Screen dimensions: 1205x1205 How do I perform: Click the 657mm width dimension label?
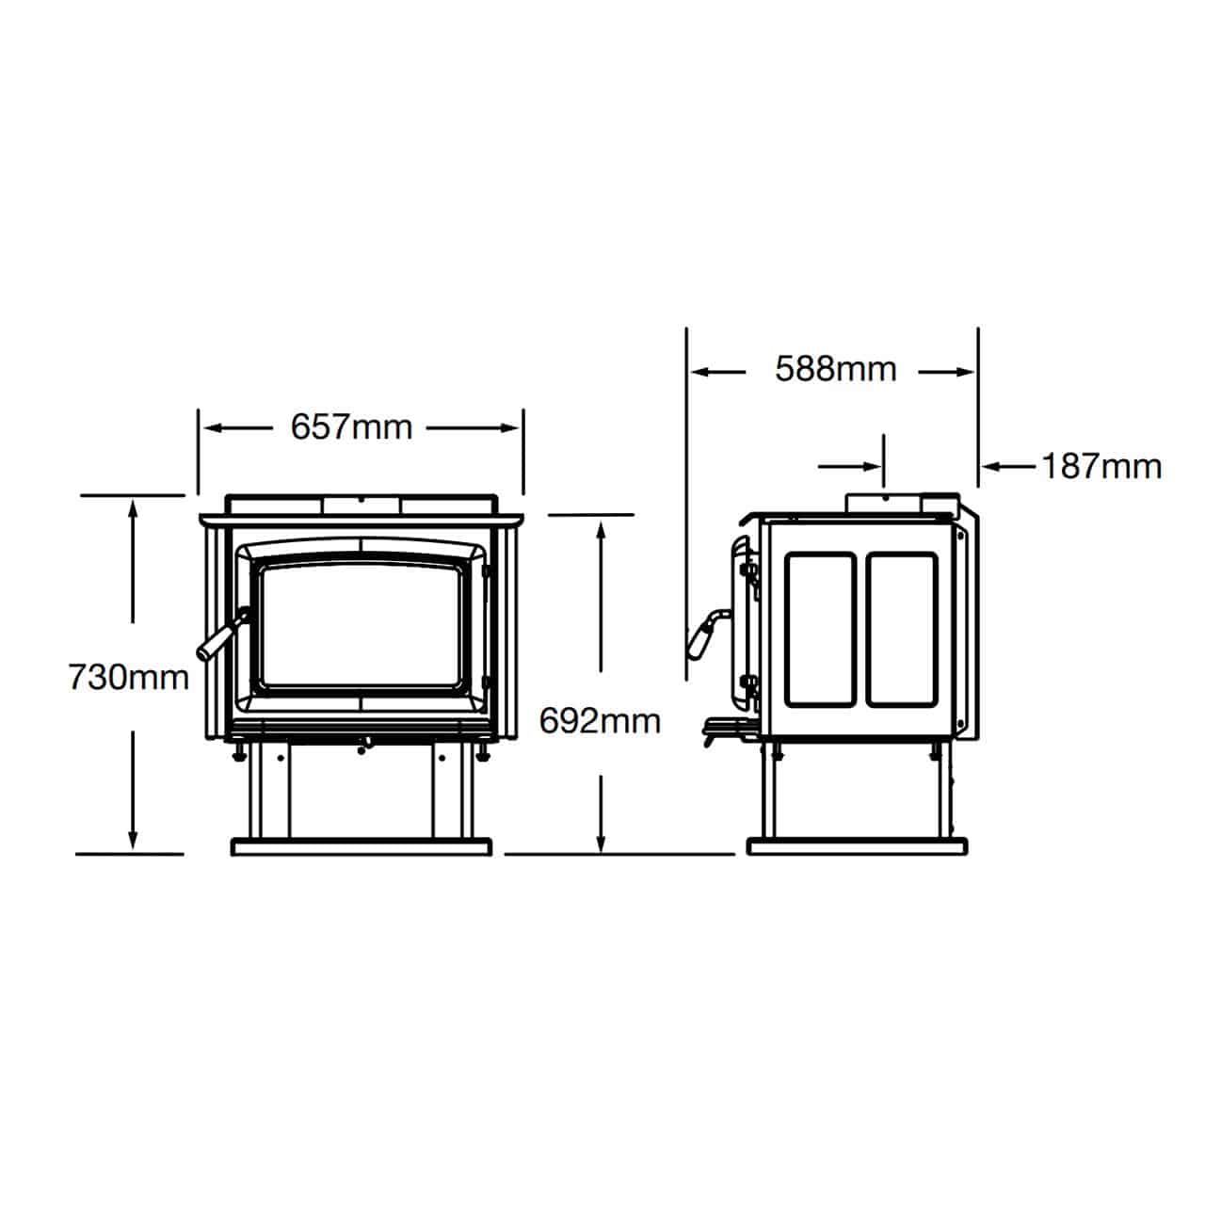click(351, 427)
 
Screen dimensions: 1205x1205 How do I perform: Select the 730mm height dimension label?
click(129, 677)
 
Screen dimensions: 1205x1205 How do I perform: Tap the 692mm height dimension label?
click(600, 721)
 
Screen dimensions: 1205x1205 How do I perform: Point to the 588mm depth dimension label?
click(835, 369)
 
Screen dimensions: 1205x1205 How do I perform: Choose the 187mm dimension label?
click(1101, 467)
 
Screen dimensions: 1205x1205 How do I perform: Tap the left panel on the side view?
click(820, 630)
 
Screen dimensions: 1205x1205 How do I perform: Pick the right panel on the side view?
click(902, 630)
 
